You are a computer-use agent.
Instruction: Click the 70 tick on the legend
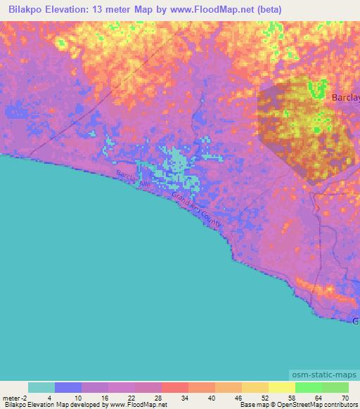pos(344,397)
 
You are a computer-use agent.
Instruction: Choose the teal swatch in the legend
pos(41,387)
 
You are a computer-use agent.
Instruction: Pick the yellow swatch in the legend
pos(282,387)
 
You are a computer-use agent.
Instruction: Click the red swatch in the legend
pos(175,387)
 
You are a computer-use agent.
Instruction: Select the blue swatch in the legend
pos(68,387)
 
